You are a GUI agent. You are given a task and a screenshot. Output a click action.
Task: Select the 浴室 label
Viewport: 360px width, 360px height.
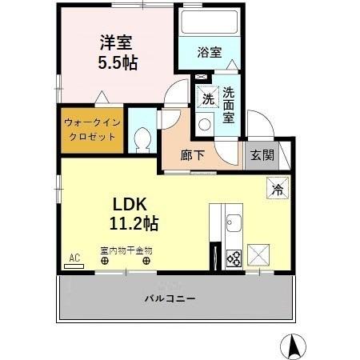coord(210,53)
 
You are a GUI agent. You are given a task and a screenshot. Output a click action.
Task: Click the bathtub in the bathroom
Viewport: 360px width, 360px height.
coord(211,24)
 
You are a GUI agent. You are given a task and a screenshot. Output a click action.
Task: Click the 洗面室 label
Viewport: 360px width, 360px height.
coord(228,104)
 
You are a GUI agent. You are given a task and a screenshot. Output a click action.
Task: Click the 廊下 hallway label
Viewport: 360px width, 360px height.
coord(194,155)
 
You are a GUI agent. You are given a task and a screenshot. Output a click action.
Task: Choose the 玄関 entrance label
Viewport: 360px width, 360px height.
coord(261,155)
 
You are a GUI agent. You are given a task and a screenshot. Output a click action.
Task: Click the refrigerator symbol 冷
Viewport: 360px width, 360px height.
coord(277,190)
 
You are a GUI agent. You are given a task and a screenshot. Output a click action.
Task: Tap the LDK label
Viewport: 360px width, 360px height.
coord(128,203)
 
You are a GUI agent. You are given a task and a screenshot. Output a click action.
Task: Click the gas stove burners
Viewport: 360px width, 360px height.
coord(233,258)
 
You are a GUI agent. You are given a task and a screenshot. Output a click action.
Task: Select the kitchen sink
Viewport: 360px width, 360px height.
coord(234,222)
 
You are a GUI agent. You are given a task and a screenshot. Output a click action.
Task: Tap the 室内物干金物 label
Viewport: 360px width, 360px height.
coord(126,250)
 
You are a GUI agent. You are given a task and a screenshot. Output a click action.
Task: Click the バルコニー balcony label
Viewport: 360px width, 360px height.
coord(170,298)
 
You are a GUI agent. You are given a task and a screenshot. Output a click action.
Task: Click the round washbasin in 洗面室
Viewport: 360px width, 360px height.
coord(204,124)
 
